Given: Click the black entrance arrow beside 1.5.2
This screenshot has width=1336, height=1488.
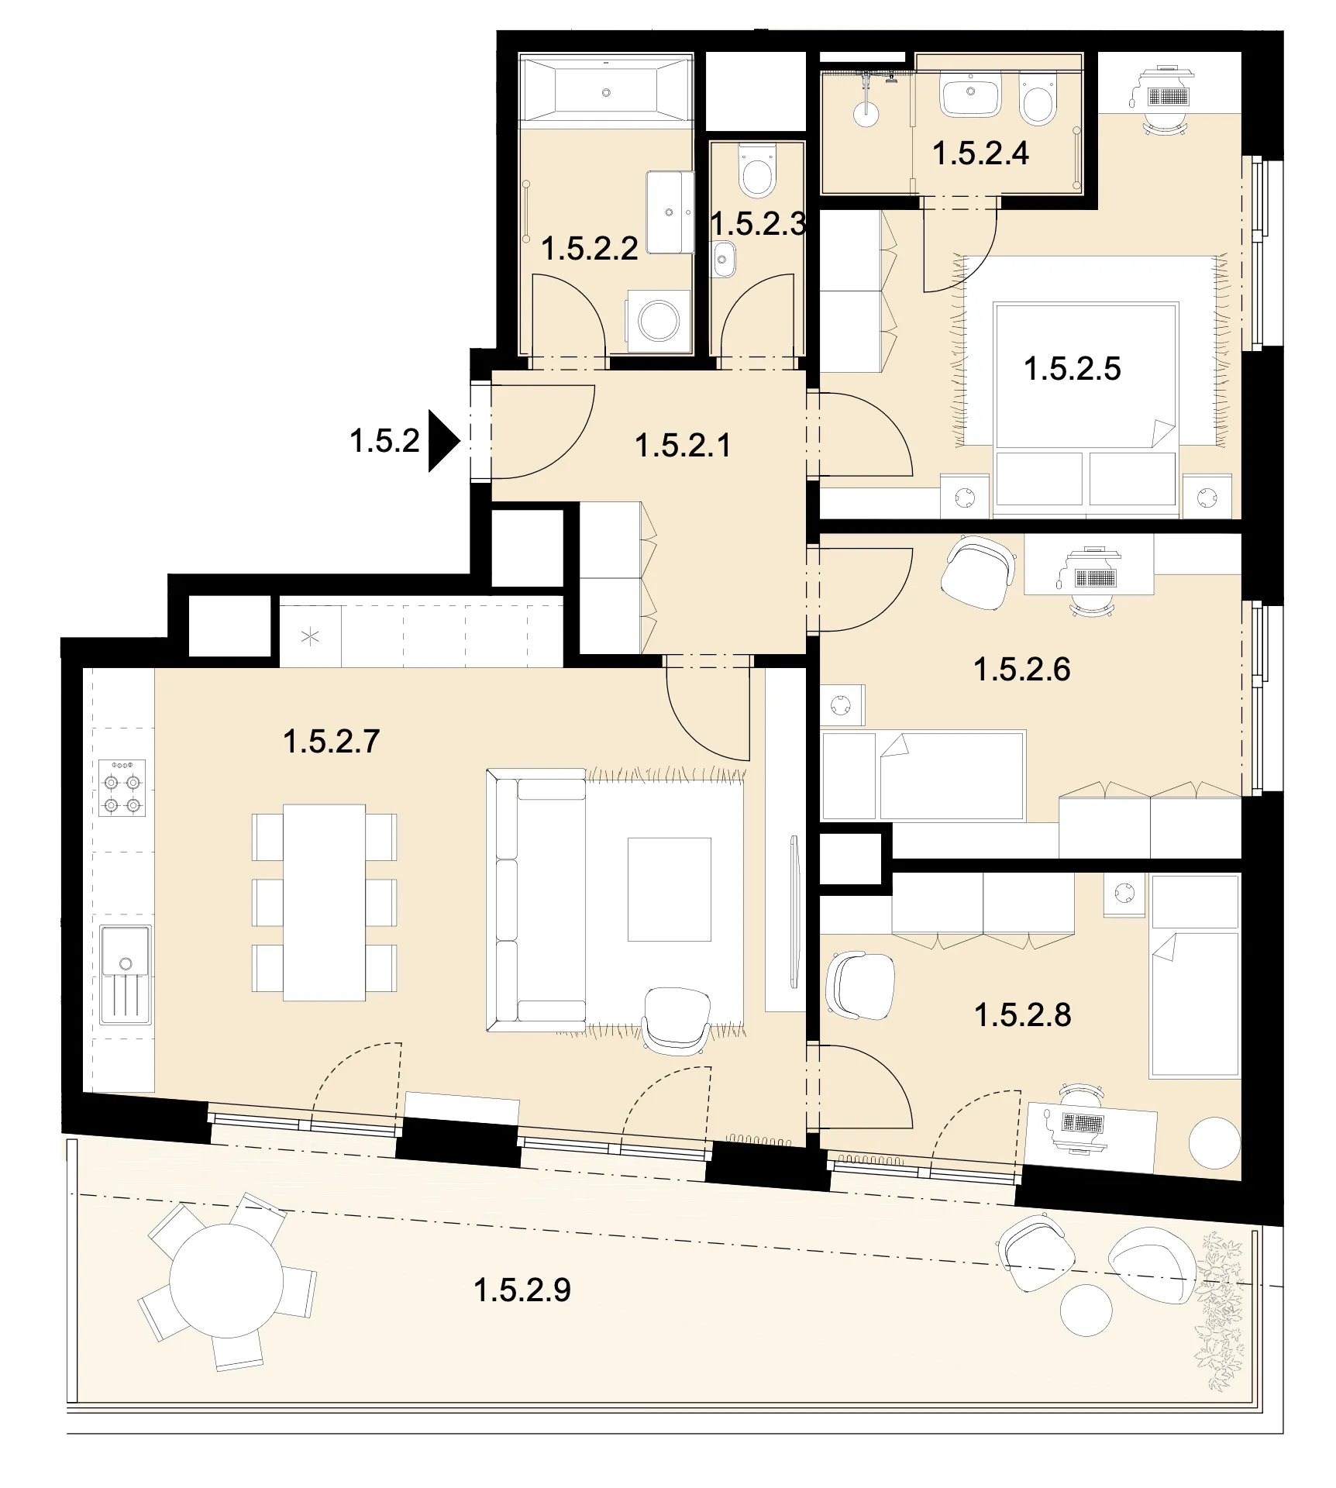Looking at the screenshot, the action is click(x=444, y=441).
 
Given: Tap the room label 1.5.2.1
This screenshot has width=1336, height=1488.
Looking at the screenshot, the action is click(x=683, y=446).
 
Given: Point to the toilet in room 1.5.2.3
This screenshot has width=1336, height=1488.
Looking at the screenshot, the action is click(x=756, y=173).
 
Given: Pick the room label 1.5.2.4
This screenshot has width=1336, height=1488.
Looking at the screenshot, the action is click(x=980, y=153).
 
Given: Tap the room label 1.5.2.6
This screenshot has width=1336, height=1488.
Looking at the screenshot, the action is click(x=1021, y=670).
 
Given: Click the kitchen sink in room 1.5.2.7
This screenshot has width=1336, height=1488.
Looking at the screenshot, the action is click(x=125, y=973).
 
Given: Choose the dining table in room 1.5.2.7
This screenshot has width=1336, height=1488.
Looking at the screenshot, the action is click(x=324, y=903).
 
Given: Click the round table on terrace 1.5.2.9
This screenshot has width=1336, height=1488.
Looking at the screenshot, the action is click(x=226, y=1280).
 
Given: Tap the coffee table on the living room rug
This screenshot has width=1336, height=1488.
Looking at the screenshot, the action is click(x=670, y=889).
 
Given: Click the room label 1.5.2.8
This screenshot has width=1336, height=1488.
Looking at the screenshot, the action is click(x=1022, y=1015).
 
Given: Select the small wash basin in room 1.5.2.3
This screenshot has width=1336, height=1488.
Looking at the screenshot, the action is click(x=724, y=258).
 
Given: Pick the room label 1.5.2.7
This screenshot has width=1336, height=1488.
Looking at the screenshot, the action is click(x=331, y=742).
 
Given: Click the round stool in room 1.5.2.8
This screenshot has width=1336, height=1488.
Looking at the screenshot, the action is click(x=1215, y=1143).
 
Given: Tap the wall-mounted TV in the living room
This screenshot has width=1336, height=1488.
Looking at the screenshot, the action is click(x=794, y=911).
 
